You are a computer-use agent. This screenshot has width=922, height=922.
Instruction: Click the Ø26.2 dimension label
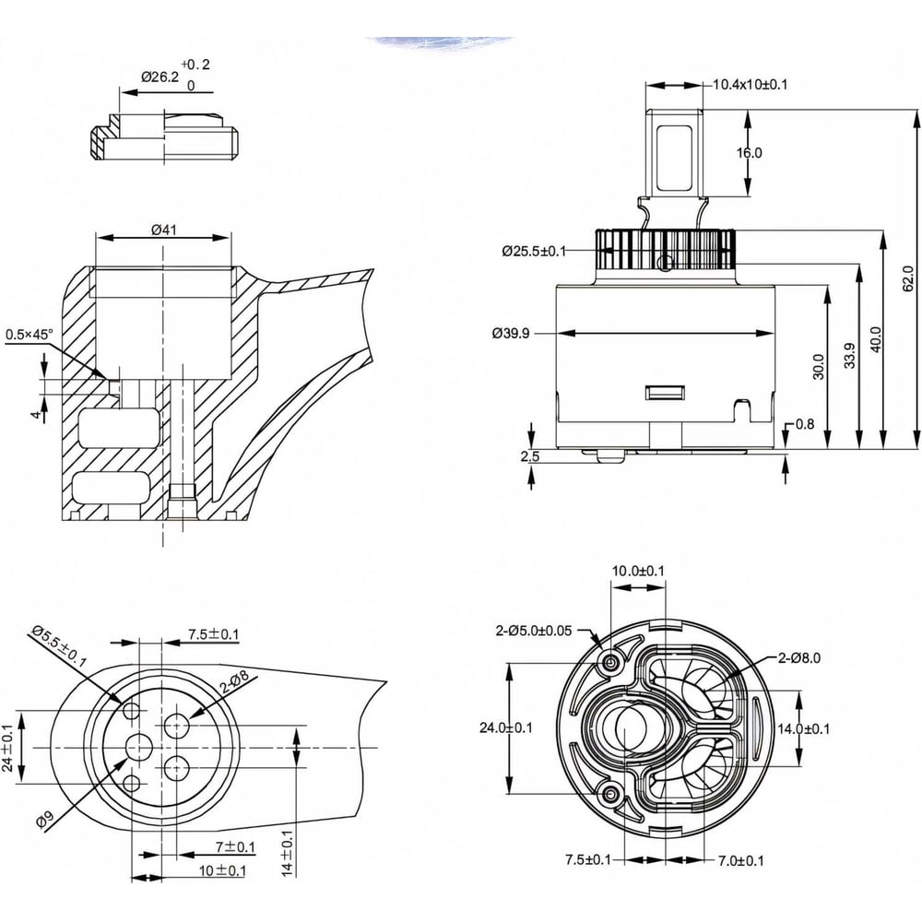coord(159,77)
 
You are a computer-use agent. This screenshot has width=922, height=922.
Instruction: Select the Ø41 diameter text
coord(163,229)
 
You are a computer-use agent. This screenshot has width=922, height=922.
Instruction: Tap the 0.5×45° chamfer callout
coord(30,335)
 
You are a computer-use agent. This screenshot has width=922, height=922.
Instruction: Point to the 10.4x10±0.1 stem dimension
coord(750,85)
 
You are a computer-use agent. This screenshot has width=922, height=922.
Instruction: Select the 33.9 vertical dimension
coord(849,355)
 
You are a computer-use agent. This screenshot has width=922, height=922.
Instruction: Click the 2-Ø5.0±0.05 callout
coord(534,631)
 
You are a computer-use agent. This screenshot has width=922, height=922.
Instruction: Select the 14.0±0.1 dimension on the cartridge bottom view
coord(804,728)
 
